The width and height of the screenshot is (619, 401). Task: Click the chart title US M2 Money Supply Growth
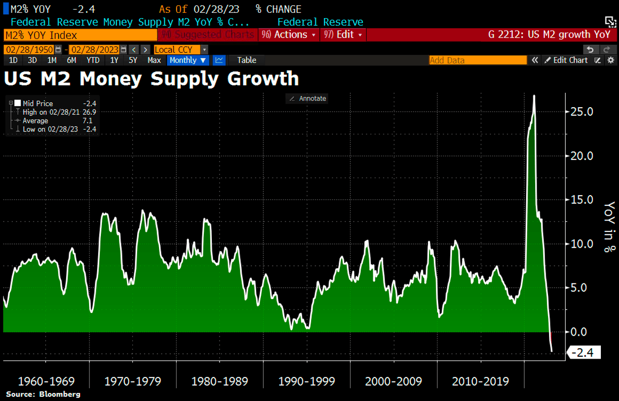(151, 79)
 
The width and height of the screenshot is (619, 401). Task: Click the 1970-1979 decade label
(132, 381)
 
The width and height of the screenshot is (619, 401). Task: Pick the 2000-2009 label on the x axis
(393, 381)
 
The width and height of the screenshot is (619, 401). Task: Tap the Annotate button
(307, 99)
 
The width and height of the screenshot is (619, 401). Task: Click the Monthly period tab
(188, 60)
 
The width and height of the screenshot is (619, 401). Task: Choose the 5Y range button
(133, 60)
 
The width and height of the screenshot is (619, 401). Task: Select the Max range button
(154, 60)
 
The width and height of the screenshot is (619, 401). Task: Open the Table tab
(247, 60)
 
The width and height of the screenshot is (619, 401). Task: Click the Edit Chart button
(566, 60)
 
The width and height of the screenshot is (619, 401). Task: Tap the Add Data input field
(478, 60)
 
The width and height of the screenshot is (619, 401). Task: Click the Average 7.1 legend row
(52, 120)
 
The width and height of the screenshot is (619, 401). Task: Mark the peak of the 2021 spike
(534, 96)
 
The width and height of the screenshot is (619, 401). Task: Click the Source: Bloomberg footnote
(43, 394)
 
